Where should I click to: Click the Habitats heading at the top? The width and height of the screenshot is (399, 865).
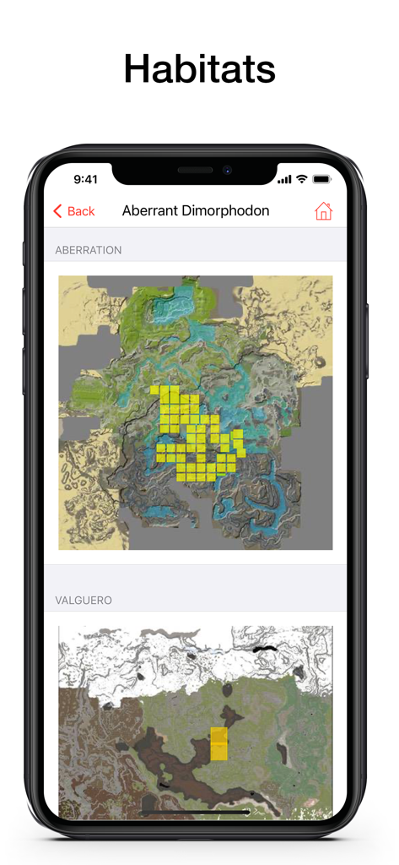pyautogui.click(x=199, y=68)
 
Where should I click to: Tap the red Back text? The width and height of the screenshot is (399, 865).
pyautogui.click(x=81, y=211)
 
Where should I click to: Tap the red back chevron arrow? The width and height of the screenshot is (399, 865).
pyautogui.click(x=57, y=211)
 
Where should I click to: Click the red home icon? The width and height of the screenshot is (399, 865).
pyautogui.click(x=323, y=211)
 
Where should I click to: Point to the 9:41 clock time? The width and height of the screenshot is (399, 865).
pyautogui.click(x=85, y=179)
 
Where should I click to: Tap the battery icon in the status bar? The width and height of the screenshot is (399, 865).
pyautogui.click(x=321, y=179)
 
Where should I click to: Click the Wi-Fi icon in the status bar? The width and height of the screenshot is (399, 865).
pyautogui.click(x=301, y=179)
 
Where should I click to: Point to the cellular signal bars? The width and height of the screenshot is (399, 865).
pyautogui.click(x=284, y=179)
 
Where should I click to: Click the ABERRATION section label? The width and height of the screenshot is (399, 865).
pyautogui.click(x=89, y=251)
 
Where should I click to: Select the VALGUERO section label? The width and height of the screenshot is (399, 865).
pyautogui.click(x=84, y=601)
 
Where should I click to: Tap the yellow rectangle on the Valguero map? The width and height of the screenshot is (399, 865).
pyautogui.click(x=218, y=743)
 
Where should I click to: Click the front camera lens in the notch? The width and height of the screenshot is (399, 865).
pyautogui.click(x=227, y=170)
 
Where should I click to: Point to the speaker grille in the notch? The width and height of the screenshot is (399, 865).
pyautogui.click(x=196, y=170)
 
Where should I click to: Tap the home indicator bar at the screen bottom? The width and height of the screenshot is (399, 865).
pyautogui.click(x=199, y=812)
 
